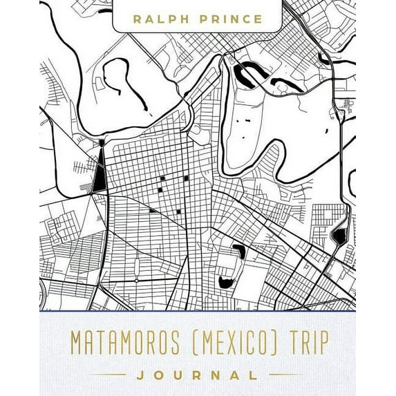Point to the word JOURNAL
point(198,376)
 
